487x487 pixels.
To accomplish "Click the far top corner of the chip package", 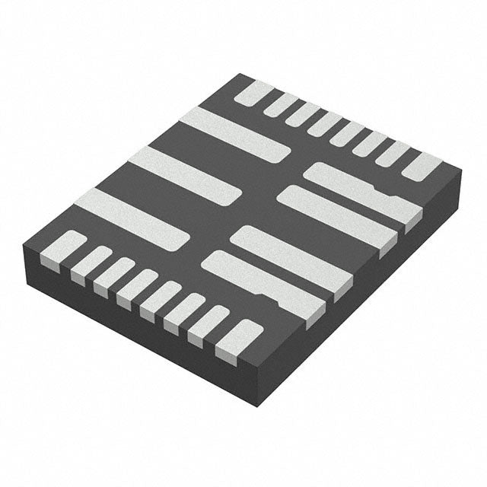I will (240, 74).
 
